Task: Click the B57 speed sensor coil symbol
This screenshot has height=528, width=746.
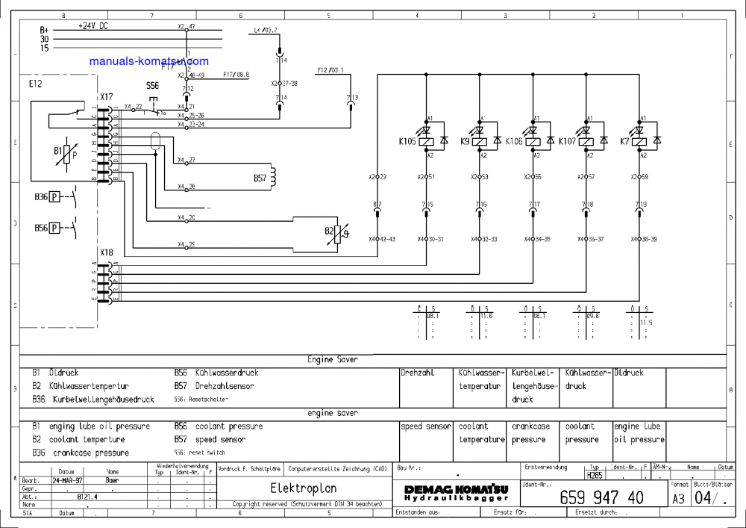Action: [272, 176]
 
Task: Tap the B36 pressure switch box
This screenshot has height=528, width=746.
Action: [54, 197]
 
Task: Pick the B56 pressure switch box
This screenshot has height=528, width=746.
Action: [54, 228]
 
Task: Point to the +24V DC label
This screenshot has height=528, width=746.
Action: [93, 25]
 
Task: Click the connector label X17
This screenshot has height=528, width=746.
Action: [106, 97]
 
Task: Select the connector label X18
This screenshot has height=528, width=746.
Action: [106, 253]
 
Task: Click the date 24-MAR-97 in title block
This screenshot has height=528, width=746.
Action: [66, 480]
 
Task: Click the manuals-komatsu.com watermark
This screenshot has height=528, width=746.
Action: [148, 61]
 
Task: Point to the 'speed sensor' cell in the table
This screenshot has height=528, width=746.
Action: [426, 426]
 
